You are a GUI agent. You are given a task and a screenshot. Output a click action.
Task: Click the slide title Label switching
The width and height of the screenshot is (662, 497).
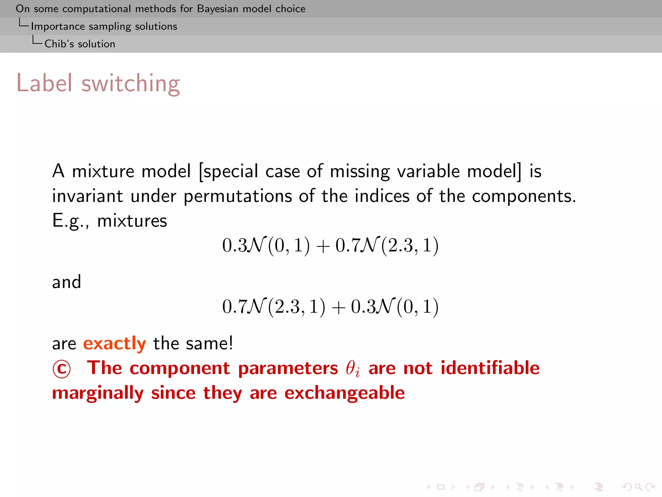(x=98, y=83)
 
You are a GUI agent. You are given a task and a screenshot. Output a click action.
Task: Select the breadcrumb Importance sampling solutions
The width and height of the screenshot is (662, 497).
(x=104, y=26)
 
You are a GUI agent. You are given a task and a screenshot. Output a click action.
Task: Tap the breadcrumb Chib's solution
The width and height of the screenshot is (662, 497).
(x=80, y=44)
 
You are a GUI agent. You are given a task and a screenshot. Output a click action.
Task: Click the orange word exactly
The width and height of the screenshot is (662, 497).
(x=114, y=343)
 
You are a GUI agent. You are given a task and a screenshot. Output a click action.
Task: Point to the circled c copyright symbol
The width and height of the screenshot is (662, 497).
(x=61, y=369)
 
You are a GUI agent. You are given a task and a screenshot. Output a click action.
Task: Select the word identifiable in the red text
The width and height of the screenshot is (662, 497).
(x=490, y=368)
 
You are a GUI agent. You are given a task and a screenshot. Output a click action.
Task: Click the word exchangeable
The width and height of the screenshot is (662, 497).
(x=345, y=393)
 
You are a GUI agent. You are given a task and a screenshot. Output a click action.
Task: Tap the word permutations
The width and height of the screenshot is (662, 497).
(x=238, y=196)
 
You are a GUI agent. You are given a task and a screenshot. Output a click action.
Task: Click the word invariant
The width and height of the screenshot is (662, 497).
(x=87, y=196)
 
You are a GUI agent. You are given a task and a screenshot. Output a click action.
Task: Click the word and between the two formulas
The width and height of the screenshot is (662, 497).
(x=67, y=282)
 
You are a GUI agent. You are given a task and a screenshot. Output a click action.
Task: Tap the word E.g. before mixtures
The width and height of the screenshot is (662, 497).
(x=70, y=221)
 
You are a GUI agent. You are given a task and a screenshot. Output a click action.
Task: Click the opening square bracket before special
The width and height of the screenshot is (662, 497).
(x=201, y=171)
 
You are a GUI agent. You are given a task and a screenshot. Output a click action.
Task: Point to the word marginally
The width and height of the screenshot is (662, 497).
(x=98, y=393)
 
